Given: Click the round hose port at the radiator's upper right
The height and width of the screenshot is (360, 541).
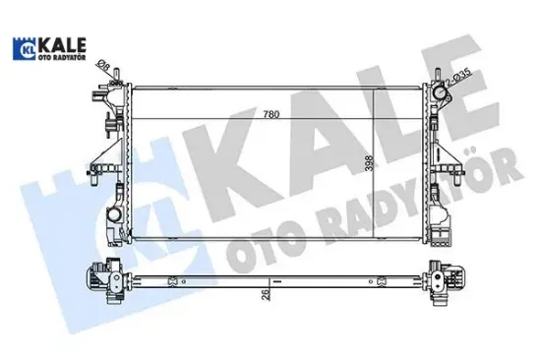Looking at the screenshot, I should [441, 96].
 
